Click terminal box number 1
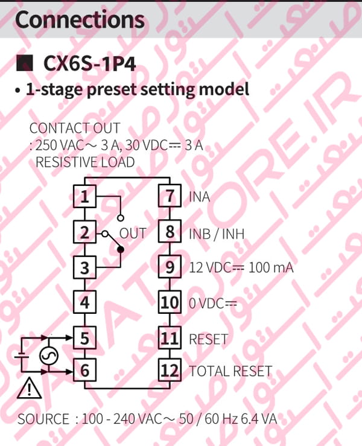[x=84, y=196]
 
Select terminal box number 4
[x=84, y=302]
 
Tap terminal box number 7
[x=170, y=196]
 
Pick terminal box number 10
[x=170, y=302]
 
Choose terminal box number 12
[x=170, y=371]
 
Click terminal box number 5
[x=84, y=337]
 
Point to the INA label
[x=200, y=197]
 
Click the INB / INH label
[x=217, y=234]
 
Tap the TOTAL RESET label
[x=230, y=371]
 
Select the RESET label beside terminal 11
[x=208, y=339]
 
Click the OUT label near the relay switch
[x=133, y=234]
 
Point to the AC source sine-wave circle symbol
[x=49, y=356]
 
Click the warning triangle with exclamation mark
[x=30, y=388]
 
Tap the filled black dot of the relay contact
[x=121, y=249]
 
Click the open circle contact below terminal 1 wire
[x=121, y=218]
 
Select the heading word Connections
[x=80, y=19]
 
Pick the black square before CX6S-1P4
[x=25, y=63]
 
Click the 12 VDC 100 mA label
[x=241, y=267]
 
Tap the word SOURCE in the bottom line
[x=43, y=419]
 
